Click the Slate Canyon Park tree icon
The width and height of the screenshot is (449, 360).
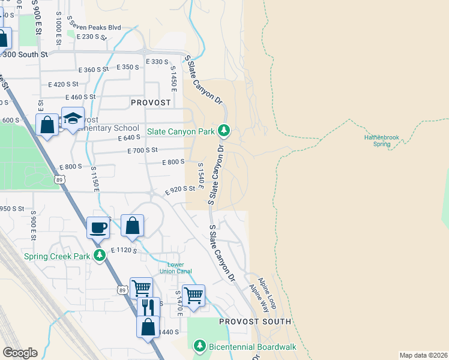click(224, 130)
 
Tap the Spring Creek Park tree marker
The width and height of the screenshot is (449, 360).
click(100, 256)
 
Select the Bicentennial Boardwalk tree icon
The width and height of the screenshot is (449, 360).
click(200, 346)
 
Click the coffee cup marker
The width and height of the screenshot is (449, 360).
click(98, 227)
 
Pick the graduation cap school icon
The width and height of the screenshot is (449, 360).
click(73, 118)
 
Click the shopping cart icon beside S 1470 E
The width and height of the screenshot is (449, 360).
click(193, 295)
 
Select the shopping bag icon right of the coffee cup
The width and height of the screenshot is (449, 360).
click(133, 226)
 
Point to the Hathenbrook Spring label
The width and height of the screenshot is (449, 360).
click(381, 140)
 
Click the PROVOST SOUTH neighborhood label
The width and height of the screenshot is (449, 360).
click(255, 322)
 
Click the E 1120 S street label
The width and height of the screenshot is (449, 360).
click(124, 250)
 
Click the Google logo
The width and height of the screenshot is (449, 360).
click(20, 353)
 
